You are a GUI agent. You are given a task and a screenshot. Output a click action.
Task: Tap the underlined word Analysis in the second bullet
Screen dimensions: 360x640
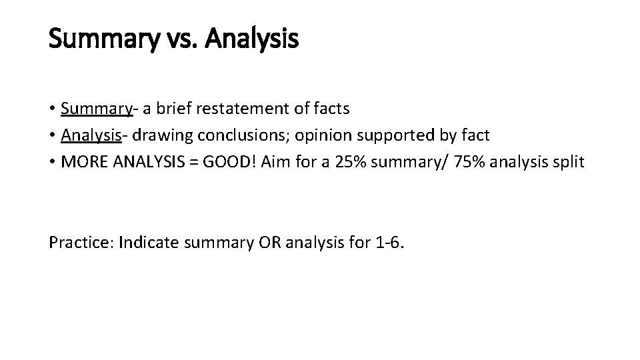click(x=91, y=135)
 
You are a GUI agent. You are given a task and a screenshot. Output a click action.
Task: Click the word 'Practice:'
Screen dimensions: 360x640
click(x=80, y=242)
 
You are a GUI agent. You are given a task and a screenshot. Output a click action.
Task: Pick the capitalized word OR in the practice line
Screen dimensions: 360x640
click(x=270, y=242)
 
